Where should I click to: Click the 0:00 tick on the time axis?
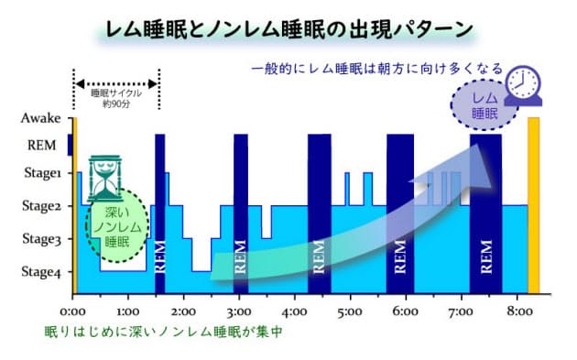[74, 311]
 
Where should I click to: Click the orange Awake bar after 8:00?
[534, 205]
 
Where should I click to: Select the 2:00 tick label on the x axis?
[184, 311]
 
